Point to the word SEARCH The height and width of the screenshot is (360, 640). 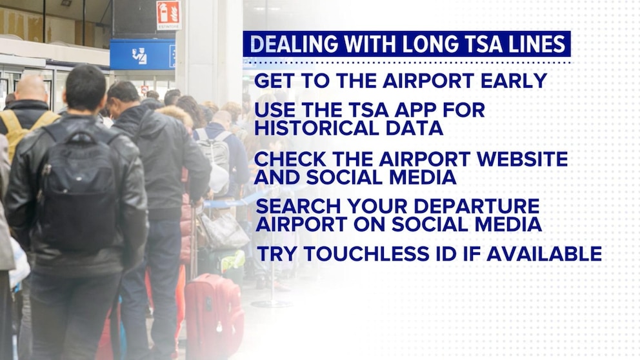(295, 206)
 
